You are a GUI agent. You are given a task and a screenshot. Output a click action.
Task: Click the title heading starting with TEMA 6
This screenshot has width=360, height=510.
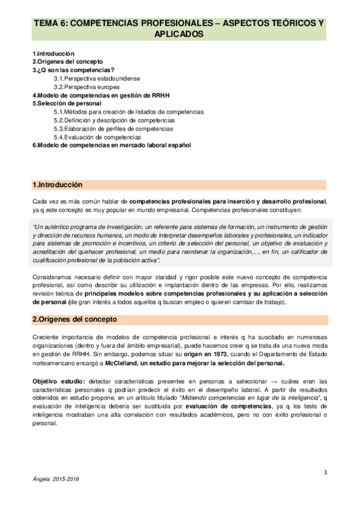tap(180, 29)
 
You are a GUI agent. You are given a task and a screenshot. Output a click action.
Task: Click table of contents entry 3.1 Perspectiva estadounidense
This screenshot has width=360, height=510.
tap(91, 78)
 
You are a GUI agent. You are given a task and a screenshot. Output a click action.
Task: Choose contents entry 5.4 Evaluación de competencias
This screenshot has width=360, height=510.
tap(99, 137)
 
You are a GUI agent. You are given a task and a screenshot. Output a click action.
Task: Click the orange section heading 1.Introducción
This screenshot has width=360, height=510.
tap(58, 184)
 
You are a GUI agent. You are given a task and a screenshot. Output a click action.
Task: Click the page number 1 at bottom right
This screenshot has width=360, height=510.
tap(325, 472)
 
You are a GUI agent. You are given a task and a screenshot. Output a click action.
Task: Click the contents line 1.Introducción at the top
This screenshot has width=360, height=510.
tap(53, 53)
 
